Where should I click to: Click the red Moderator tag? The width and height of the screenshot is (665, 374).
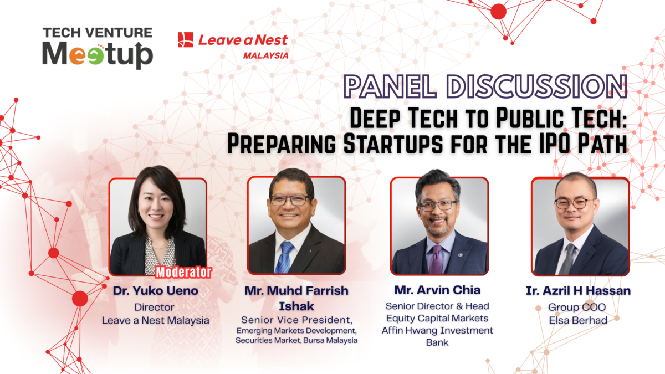point(183,273)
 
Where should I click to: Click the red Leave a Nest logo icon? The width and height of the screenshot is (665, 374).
point(186,39)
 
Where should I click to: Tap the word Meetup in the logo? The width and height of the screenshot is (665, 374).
point(98,55)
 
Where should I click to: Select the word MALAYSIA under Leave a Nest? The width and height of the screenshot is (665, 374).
point(265,55)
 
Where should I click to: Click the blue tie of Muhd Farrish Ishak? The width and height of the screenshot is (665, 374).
point(285,257)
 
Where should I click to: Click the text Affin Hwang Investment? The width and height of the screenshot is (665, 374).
point(437,330)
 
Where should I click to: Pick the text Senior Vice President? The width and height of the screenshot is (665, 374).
point(296,320)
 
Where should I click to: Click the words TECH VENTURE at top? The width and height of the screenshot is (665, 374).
point(98,33)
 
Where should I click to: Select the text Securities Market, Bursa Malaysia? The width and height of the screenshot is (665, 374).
point(296,340)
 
